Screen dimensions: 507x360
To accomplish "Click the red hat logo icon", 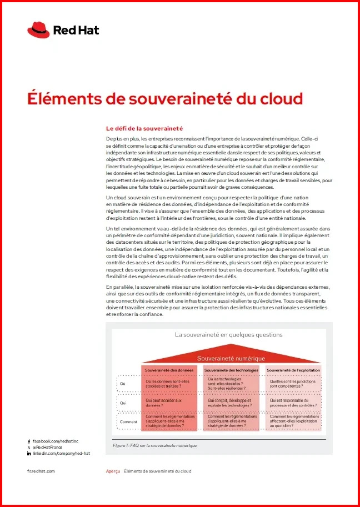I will coord(38,30).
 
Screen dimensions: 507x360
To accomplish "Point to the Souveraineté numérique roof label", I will coord(231,358).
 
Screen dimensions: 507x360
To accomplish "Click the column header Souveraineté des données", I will coord(169,370).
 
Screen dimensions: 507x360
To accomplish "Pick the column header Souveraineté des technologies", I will coord(231,370).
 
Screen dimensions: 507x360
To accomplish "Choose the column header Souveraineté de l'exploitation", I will coord(293,370).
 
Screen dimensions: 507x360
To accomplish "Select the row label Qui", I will coord(123,403).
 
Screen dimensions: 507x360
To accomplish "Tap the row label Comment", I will coord(128,422).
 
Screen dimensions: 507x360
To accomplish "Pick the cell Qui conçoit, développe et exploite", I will coord(229,403).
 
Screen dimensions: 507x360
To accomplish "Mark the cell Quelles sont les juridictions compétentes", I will coord(292,384).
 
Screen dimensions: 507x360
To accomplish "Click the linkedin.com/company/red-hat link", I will coord(61,453).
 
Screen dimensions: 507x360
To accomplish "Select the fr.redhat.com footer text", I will coord(41,471).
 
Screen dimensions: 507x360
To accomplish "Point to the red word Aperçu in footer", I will coord(113,471).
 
